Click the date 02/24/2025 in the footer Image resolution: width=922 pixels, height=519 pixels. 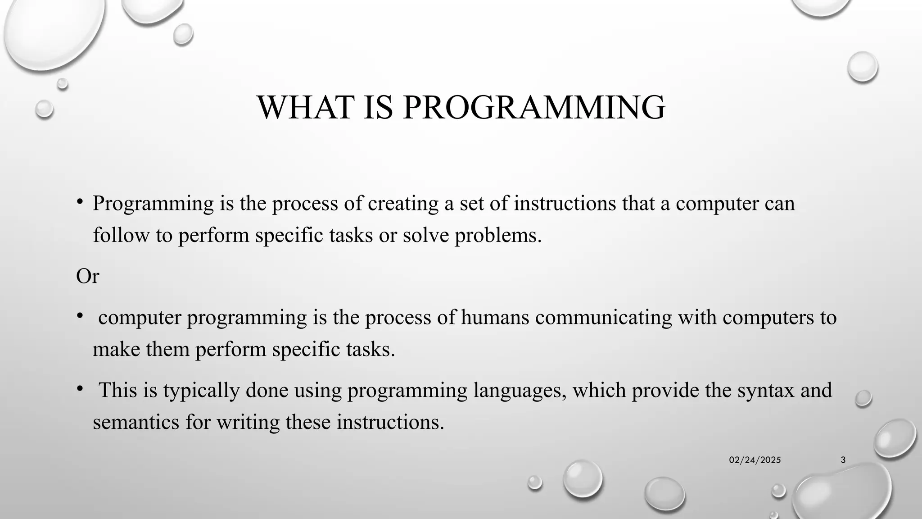click(x=755, y=460)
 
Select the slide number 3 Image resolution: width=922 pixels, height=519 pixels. click(x=843, y=460)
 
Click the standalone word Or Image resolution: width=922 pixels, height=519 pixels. click(x=87, y=276)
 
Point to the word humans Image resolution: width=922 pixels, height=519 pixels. click(x=495, y=317)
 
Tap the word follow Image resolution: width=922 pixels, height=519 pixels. click(x=121, y=235)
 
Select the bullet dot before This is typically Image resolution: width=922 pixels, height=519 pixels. click(x=79, y=388)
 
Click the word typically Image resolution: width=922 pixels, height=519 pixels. click(x=201, y=391)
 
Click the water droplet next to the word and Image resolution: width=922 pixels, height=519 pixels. click(x=863, y=398)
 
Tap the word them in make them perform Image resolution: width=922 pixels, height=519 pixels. click(x=167, y=349)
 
